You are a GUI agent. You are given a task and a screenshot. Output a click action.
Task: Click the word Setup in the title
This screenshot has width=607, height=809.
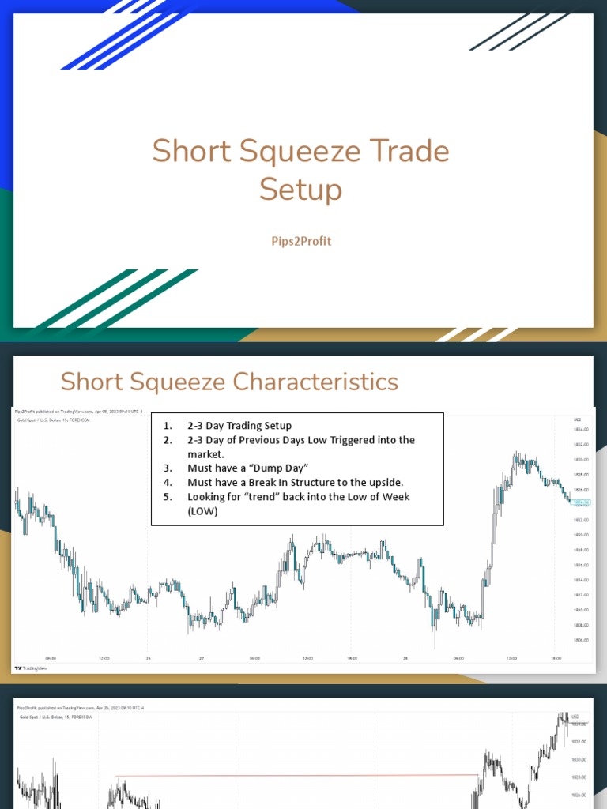pos(301,190)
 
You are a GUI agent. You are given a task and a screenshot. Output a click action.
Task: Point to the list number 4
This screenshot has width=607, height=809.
pos(168,483)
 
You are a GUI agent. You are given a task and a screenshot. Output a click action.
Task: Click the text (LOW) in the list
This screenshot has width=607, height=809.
pos(202,511)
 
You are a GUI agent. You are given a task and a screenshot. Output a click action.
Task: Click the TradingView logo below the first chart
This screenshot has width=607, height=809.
pos(29,667)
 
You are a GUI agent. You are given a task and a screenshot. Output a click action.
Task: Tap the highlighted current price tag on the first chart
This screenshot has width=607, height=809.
pos(580,502)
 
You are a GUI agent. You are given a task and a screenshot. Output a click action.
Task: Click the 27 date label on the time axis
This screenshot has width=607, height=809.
pos(202,658)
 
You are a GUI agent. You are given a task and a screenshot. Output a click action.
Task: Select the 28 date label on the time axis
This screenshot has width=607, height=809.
pos(405,658)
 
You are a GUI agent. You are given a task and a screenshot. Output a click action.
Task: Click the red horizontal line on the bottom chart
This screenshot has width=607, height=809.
pos(296,776)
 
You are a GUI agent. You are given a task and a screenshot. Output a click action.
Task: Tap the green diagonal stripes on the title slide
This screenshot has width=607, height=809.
pos(119,300)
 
